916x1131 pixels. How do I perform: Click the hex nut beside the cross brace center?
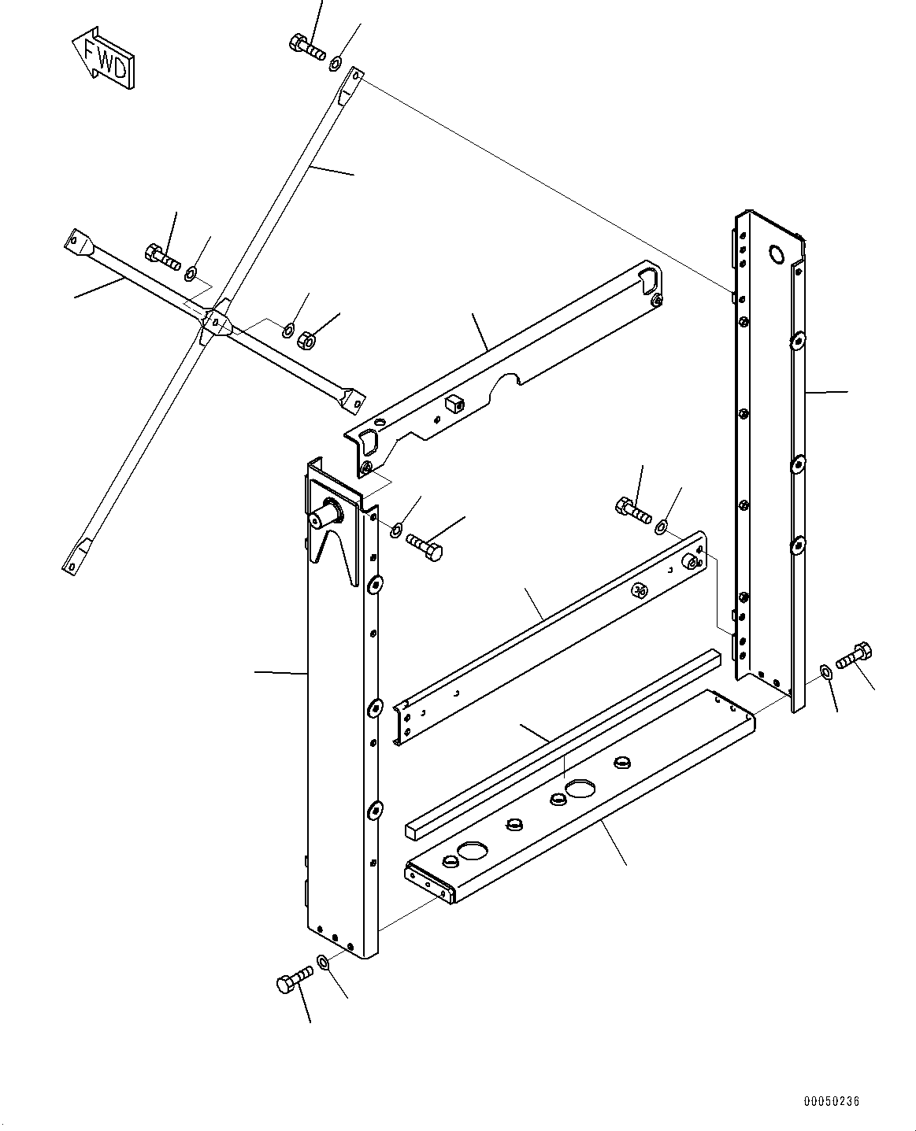306,340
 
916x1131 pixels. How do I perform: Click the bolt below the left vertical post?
294,981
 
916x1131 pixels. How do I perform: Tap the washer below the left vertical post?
324,961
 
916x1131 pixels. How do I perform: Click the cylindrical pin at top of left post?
327,516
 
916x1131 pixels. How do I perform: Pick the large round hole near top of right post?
776,253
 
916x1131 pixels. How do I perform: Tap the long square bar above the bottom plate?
563,740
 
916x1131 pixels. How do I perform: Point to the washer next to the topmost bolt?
336,61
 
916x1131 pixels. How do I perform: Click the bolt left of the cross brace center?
163,255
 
